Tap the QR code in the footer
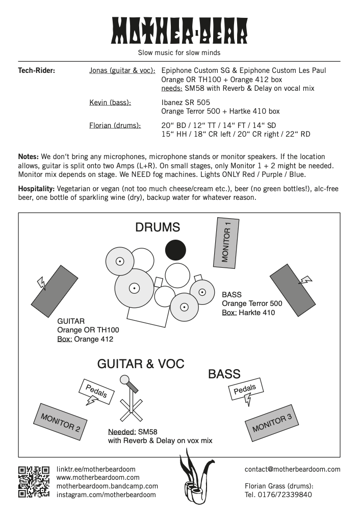[x=34, y=481]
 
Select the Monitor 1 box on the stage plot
[x=225, y=242]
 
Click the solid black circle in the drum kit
[x=175, y=249]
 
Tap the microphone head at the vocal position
[x=124, y=379]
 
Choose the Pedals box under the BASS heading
[x=245, y=390]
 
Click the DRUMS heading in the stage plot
[x=158, y=227]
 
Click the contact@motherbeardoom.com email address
[x=292, y=469]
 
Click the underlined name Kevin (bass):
[x=110, y=102]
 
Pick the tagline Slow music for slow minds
[x=179, y=53]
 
